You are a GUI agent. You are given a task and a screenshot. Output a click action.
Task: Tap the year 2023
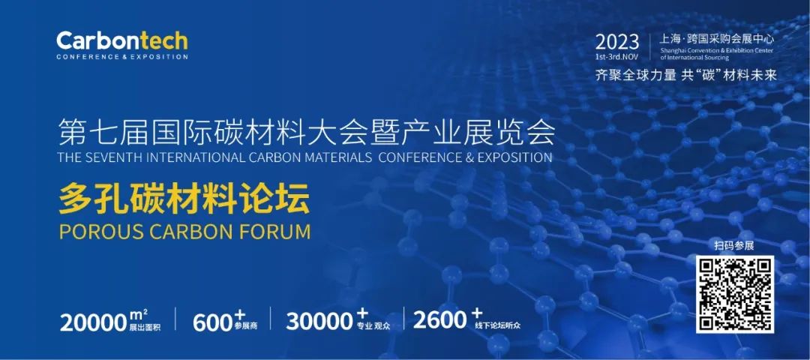[617, 42]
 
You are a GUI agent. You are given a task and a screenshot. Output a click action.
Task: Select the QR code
[734, 294]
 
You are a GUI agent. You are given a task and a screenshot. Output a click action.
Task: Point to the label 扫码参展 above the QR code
[734, 246]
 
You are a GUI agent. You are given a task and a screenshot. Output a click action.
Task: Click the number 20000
[94, 322]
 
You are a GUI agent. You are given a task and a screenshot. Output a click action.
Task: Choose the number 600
[212, 322]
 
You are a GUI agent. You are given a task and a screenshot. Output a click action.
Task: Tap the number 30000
[319, 322]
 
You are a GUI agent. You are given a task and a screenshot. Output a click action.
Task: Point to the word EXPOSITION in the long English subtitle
[514, 157]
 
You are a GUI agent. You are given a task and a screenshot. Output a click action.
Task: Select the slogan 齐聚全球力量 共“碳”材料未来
[686, 76]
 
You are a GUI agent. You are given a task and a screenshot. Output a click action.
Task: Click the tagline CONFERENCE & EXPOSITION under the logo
[122, 57]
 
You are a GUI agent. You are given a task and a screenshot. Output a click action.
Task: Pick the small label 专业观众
[373, 327]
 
